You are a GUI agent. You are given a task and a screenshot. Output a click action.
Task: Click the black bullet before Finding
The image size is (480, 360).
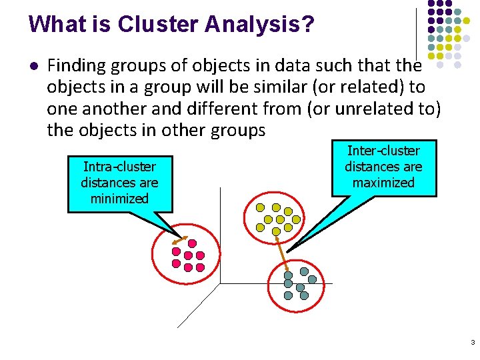[x=33, y=65]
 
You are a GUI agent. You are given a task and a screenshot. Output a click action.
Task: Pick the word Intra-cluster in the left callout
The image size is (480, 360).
[x=120, y=167]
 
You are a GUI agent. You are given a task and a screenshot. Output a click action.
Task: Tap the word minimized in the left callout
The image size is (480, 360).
[x=120, y=199]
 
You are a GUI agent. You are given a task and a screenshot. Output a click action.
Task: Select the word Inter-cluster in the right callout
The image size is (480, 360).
[x=383, y=151]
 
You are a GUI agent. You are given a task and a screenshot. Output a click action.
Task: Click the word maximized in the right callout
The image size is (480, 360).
[x=383, y=183]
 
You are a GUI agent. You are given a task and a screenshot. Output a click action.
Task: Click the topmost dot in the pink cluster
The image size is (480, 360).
[x=192, y=243]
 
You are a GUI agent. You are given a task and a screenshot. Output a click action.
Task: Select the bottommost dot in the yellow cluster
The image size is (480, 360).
[x=276, y=231]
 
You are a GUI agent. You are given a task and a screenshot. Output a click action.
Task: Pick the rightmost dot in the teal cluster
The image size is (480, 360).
[x=312, y=280]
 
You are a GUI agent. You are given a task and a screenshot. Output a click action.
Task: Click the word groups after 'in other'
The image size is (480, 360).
[x=237, y=129]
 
